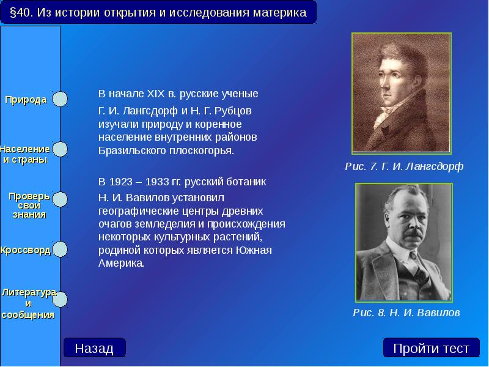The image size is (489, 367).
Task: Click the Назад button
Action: [94, 348]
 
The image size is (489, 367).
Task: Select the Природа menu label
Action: [26, 100]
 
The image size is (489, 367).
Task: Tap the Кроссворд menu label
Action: [26, 251]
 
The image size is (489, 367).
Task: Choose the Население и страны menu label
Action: [25, 154]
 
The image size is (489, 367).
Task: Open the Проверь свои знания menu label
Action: [28, 205]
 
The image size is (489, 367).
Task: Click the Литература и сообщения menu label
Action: [28, 303]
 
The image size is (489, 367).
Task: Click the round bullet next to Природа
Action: [60, 99]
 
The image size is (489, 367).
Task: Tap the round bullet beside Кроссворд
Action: [60, 250]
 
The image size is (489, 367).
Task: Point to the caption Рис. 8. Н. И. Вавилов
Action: [406, 313]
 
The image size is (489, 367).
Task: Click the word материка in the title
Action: [279, 12]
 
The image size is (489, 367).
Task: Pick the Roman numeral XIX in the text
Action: [156, 94]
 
